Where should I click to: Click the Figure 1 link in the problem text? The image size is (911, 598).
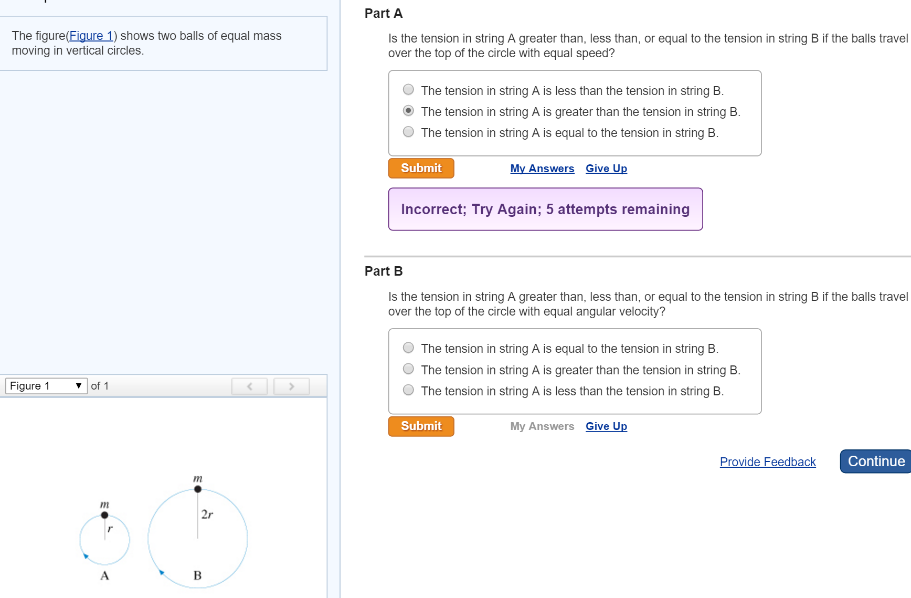tap(91, 36)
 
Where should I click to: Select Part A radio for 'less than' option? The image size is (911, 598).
tap(408, 90)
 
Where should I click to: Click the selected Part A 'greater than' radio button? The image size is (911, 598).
tap(408, 111)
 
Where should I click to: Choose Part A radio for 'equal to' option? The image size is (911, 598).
tap(408, 132)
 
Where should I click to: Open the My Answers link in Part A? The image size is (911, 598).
tap(542, 169)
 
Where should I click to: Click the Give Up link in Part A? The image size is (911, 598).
tap(606, 169)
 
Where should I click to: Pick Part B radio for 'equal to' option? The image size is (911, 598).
tap(408, 348)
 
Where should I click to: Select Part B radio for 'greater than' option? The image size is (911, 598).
tap(408, 369)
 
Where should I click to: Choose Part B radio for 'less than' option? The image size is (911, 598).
tap(408, 390)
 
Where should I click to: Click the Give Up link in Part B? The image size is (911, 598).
tap(606, 426)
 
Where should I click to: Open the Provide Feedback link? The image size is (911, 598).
tap(768, 462)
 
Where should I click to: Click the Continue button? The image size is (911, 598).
tap(876, 461)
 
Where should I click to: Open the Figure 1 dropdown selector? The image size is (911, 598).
tap(46, 386)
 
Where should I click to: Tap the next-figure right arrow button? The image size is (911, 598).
tap(292, 386)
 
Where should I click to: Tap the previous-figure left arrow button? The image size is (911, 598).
tap(250, 386)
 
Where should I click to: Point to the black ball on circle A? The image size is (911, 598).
tap(104, 515)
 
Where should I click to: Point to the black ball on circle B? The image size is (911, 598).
tap(198, 489)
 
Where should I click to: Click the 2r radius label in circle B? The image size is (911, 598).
tap(207, 514)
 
